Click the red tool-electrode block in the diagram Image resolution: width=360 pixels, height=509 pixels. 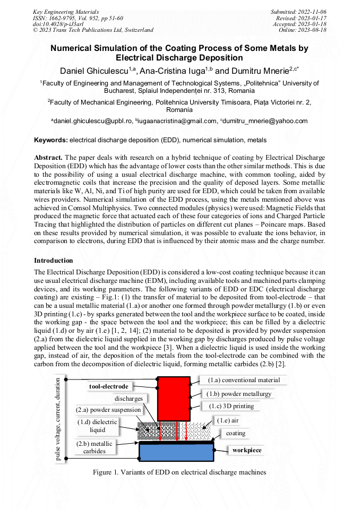pyautogui.click(x=174, y=398)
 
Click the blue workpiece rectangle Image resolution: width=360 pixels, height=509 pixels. pyautogui.click(x=176, y=452)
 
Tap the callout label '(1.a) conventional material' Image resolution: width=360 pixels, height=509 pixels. pyautogui.click(x=244, y=380)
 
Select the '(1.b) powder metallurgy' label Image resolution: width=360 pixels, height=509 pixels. pyautogui.click(x=239, y=394)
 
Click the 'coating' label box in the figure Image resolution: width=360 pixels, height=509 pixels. pyautogui.click(x=236, y=433)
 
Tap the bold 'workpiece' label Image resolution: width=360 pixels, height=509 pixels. pyautogui.click(x=247, y=450)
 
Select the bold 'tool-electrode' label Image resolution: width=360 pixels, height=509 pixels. pyautogui.click(x=108, y=386)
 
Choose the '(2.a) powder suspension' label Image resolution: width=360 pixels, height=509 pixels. pyautogui.click(x=109, y=410)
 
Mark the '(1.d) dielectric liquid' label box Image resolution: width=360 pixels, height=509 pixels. pyautogui.click(x=97, y=426)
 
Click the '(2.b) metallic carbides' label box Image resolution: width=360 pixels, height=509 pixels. pyautogui.click(x=95, y=447)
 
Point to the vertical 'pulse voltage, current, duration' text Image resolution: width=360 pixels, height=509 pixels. pyautogui.click(x=58, y=419)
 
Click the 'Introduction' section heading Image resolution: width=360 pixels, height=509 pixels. pyautogui.click(x=54, y=261)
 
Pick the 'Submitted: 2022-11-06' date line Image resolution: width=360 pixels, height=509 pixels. pyautogui.click(x=299, y=12)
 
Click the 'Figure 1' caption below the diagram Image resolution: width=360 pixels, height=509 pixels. pyautogui.click(x=179, y=472)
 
